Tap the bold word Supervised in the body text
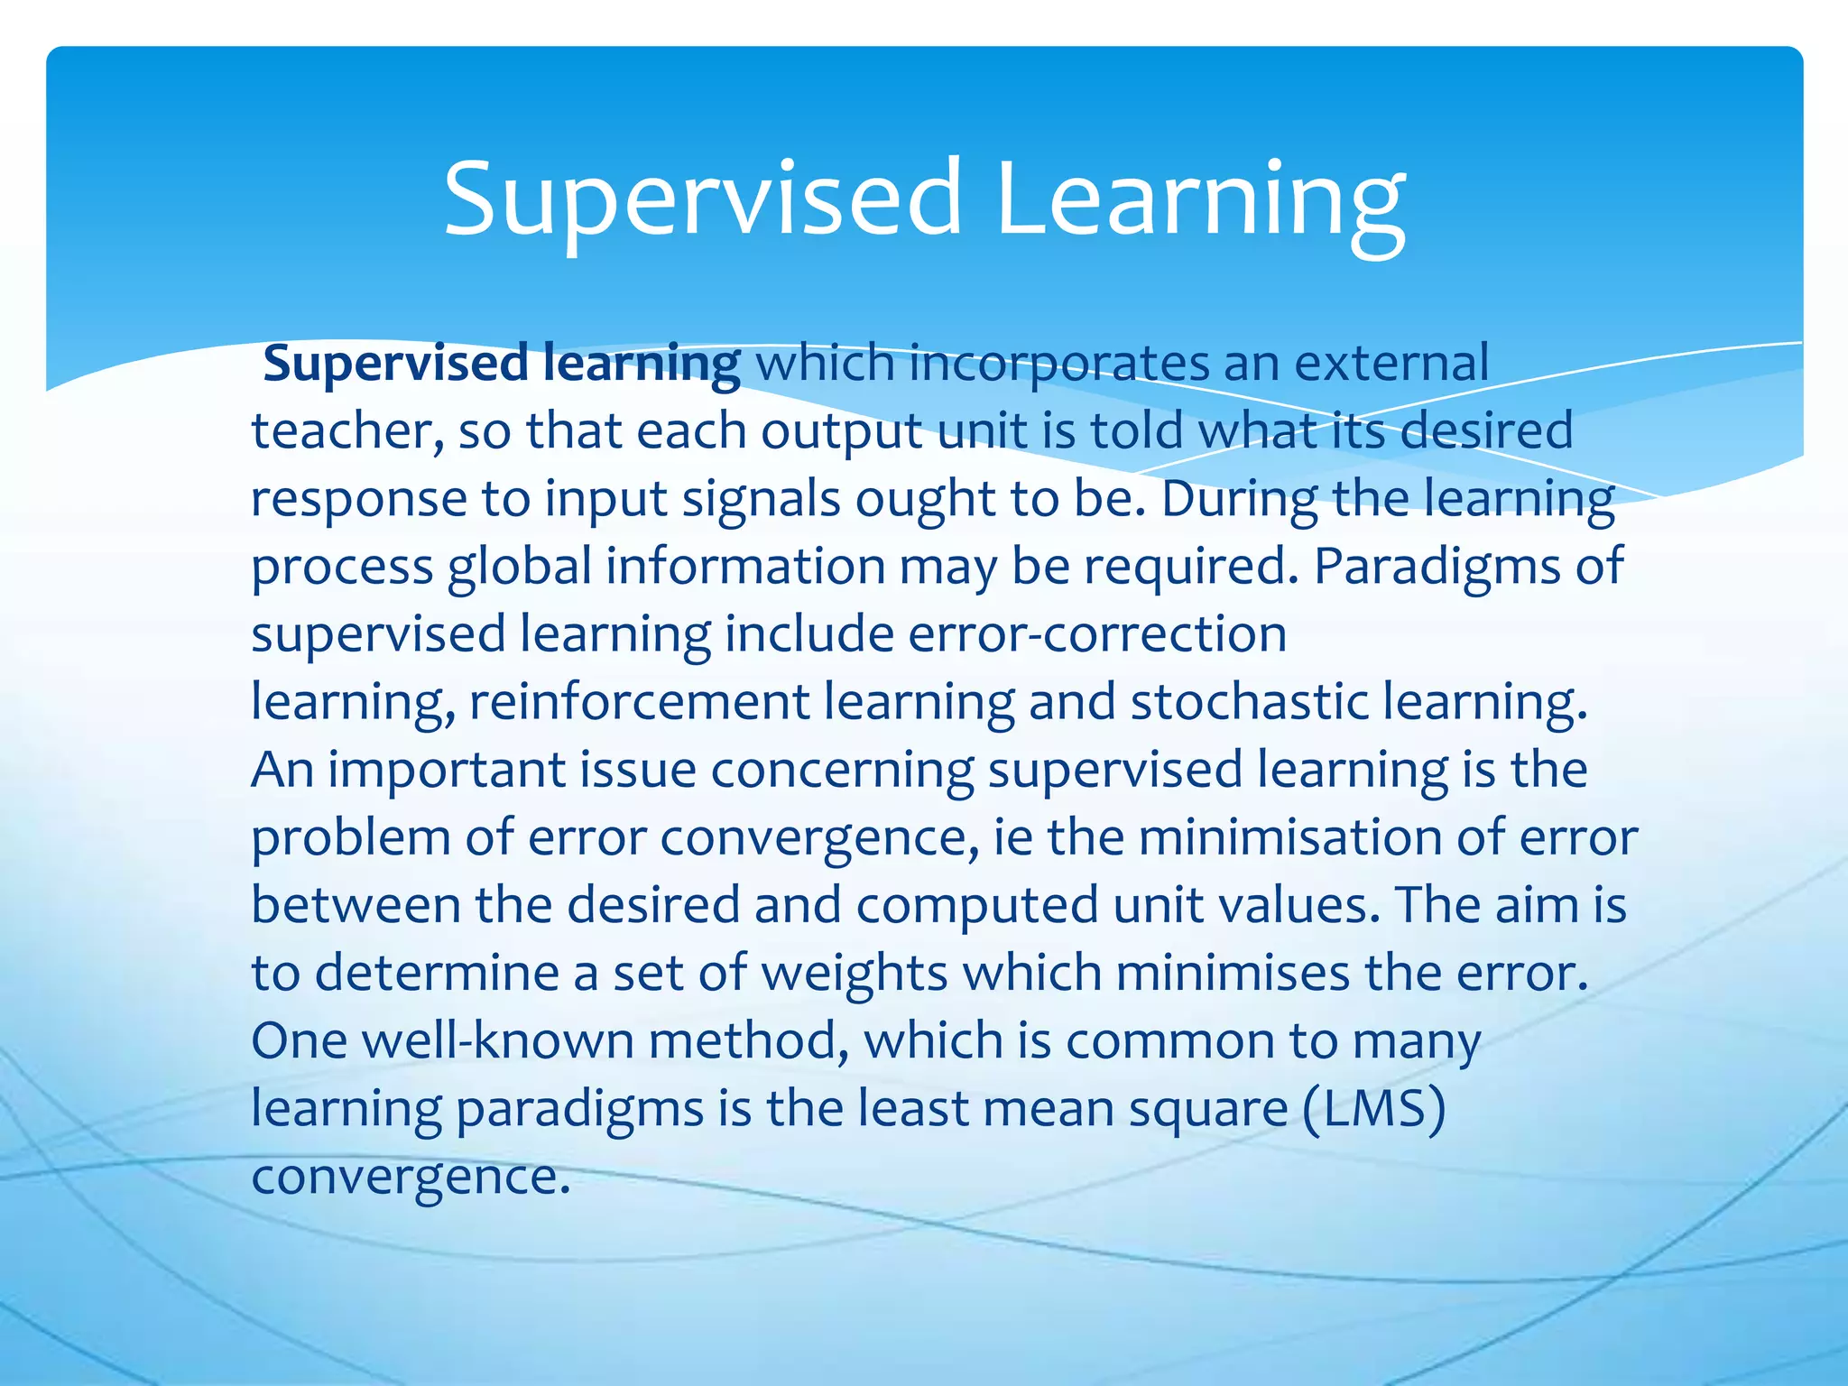(x=395, y=364)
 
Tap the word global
(x=520, y=567)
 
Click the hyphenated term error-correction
(x=1096, y=633)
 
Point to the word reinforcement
(x=639, y=702)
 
